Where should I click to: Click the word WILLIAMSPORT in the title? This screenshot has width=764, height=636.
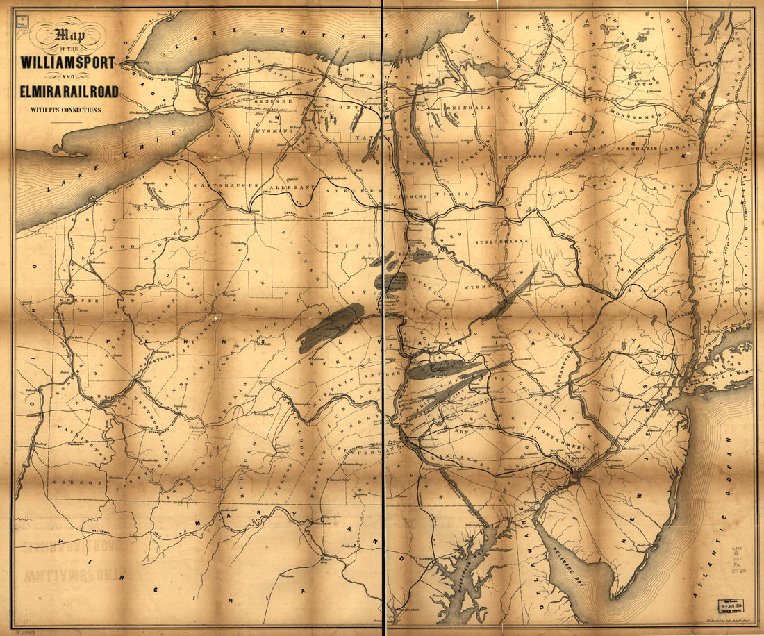68,62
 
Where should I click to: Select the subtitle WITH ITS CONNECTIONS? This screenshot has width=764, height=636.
65,109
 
